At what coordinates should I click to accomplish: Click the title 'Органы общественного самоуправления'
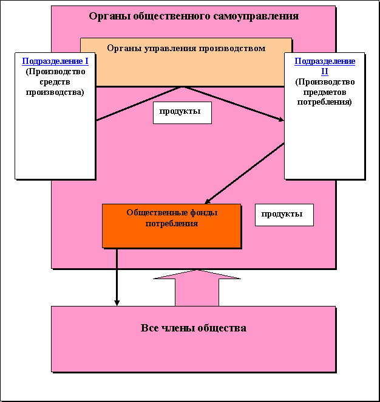pos(193,16)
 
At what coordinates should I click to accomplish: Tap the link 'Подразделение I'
pos(55,61)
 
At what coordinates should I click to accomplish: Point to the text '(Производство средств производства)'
pos(55,82)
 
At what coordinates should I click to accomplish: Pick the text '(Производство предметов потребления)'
pos(325,92)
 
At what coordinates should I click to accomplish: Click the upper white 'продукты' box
pos(182,113)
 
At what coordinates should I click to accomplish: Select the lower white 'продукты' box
pos(283,215)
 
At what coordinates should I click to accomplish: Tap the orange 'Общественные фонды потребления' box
pos(171,226)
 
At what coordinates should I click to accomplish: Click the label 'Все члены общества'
pos(193,328)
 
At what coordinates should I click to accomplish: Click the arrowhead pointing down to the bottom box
pos(117,302)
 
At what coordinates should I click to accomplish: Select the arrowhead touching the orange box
pos(208,201)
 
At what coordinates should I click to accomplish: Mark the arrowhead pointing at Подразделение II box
pos(280,120)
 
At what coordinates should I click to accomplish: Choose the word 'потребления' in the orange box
pos(172,223)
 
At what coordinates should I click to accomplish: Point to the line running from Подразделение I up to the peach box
pos(140,103)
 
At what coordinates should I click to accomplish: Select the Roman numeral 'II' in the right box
pos(325,71)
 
